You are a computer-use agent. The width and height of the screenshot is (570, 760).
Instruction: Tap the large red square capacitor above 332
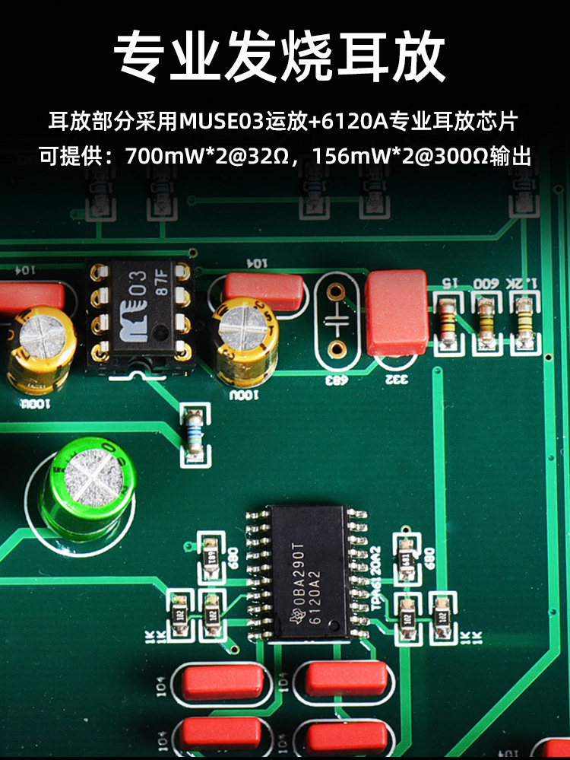(x=396, y=311)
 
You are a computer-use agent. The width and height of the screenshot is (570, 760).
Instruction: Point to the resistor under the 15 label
(x=448, y=319)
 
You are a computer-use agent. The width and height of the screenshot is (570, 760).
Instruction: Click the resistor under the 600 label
(x=486, y=319)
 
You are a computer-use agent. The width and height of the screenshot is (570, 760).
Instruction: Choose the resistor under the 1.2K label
(x=523, y=319)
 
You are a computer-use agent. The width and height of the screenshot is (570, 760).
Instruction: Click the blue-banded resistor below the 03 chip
(x=195, y=434)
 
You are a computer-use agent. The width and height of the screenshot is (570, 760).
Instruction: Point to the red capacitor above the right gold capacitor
(x=264, y=289)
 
